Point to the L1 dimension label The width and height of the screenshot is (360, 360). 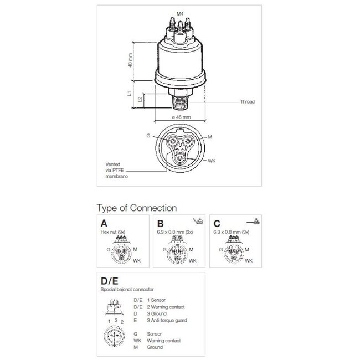pos(130,94)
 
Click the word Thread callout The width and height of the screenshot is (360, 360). pos(247,102)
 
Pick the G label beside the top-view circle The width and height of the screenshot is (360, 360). pos(148,135)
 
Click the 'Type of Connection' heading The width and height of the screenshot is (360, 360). pos(137,208)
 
